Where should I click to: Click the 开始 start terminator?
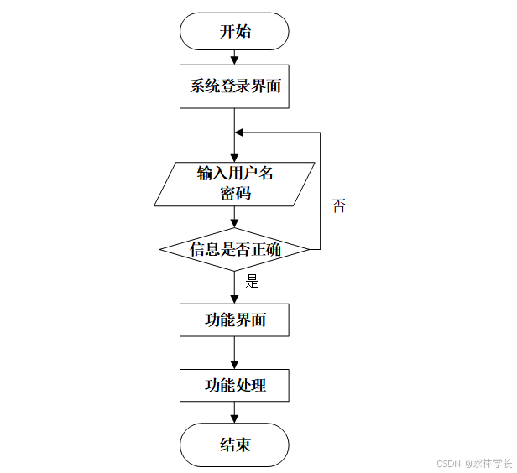point(235,33)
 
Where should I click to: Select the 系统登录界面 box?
point(235,86)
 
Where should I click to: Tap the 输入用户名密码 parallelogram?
point(235,184)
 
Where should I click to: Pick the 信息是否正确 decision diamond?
point(235,249)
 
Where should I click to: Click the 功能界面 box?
point(235,320)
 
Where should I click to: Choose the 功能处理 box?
point(235,386)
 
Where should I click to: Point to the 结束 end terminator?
point(235,444)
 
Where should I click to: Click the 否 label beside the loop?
point(338,206)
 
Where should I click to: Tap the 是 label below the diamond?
point(252,282)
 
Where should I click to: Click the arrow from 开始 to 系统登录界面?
point(235,58)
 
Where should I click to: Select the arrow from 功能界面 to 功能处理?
point(235,353)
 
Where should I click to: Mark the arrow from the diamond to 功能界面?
point(235,287)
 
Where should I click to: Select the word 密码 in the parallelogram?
point(235,193)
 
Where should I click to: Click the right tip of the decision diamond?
point(309,249)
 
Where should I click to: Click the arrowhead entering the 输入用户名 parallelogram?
point(235,157)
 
